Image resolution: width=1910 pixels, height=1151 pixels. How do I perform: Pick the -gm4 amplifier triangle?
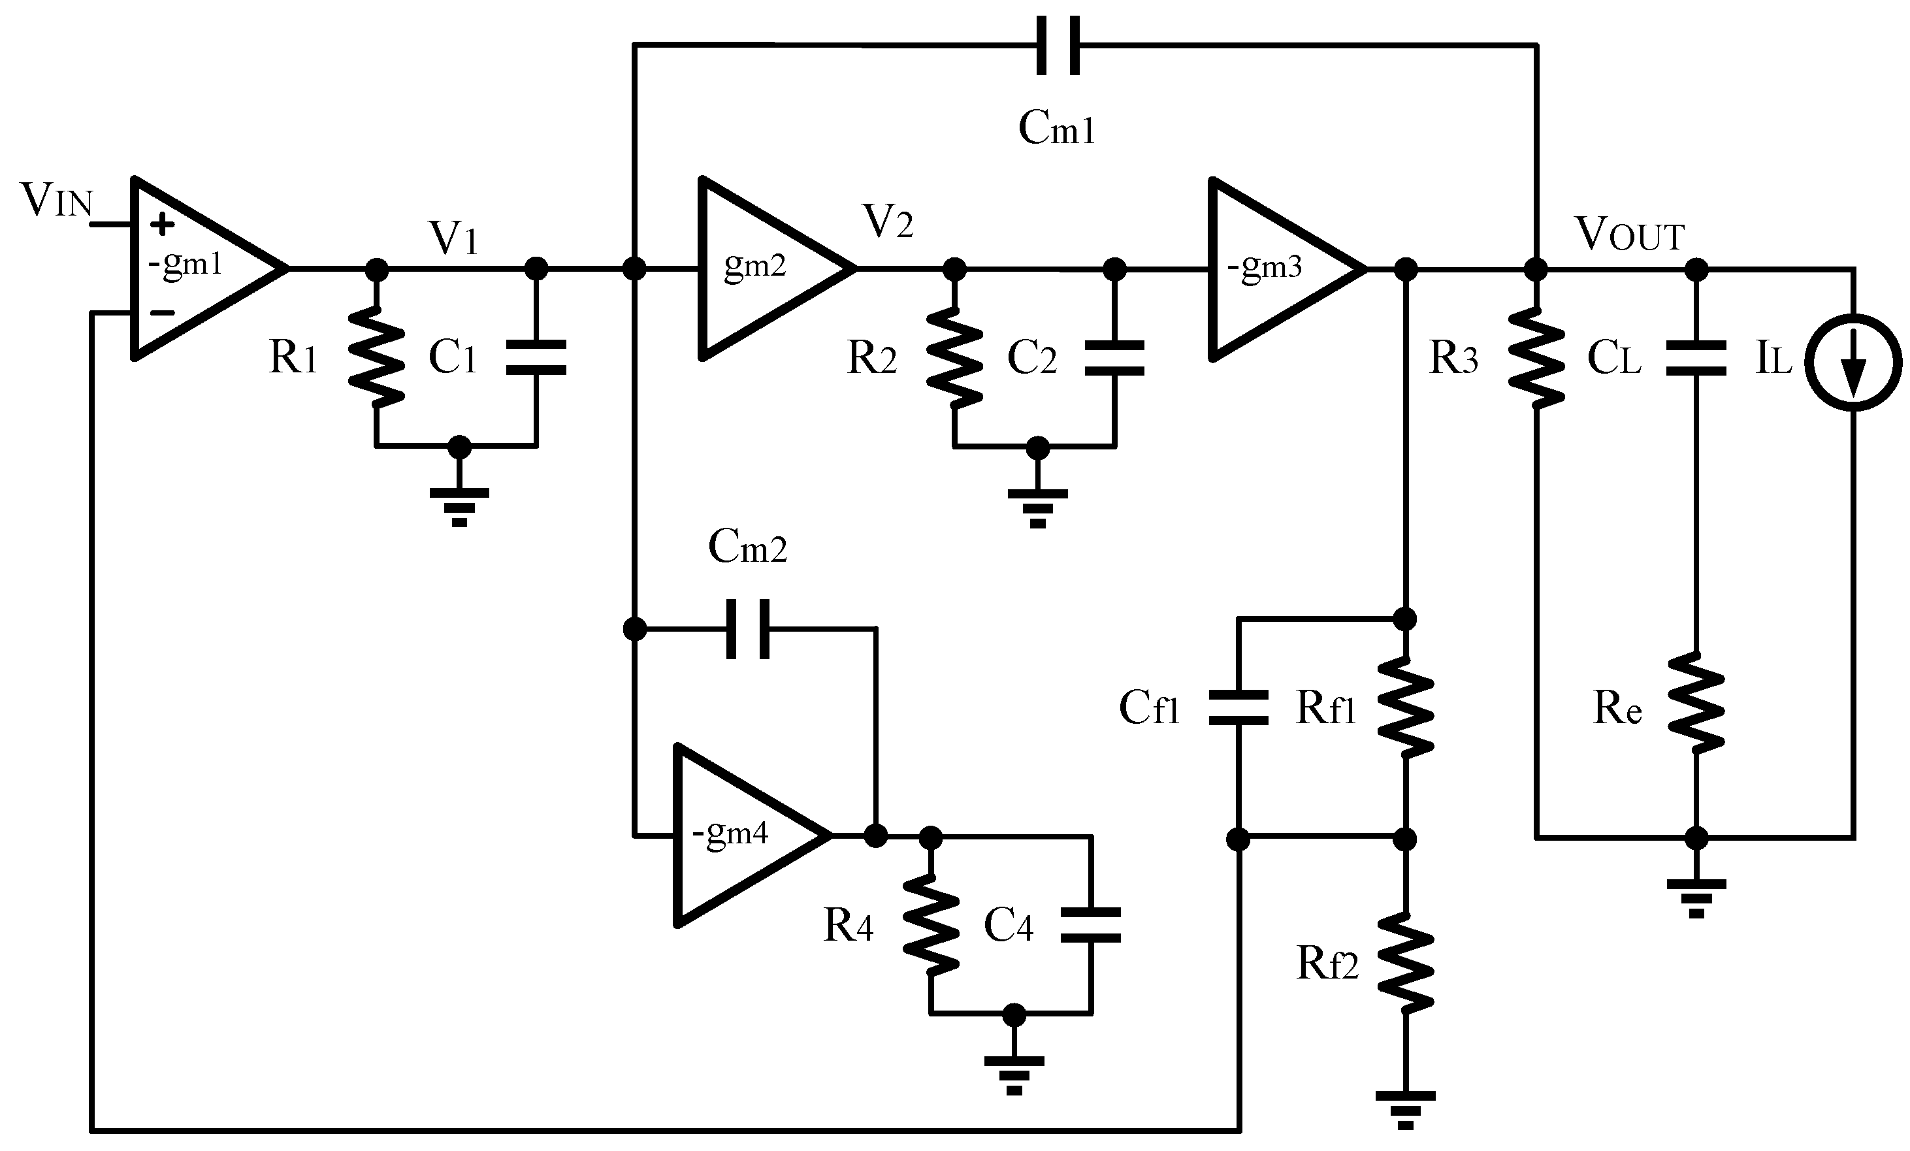pos(740,835)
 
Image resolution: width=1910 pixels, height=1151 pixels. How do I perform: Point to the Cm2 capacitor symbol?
pos(748,628)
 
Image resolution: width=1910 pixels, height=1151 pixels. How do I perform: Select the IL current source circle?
pos(1853,362)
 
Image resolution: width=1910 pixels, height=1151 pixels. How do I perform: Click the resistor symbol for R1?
pos(377,357)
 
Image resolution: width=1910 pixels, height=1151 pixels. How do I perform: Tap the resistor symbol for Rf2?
pos(1405,963)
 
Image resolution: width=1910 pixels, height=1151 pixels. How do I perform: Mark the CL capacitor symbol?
pos(1696,357)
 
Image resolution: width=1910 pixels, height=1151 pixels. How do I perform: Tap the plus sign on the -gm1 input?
pos(162,225)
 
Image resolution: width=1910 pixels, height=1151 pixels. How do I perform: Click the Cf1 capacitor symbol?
pos(1238,707)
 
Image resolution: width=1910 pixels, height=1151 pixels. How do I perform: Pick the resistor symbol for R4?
pos(931,925)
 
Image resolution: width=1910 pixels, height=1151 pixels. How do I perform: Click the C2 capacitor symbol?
pos(1114,357)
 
